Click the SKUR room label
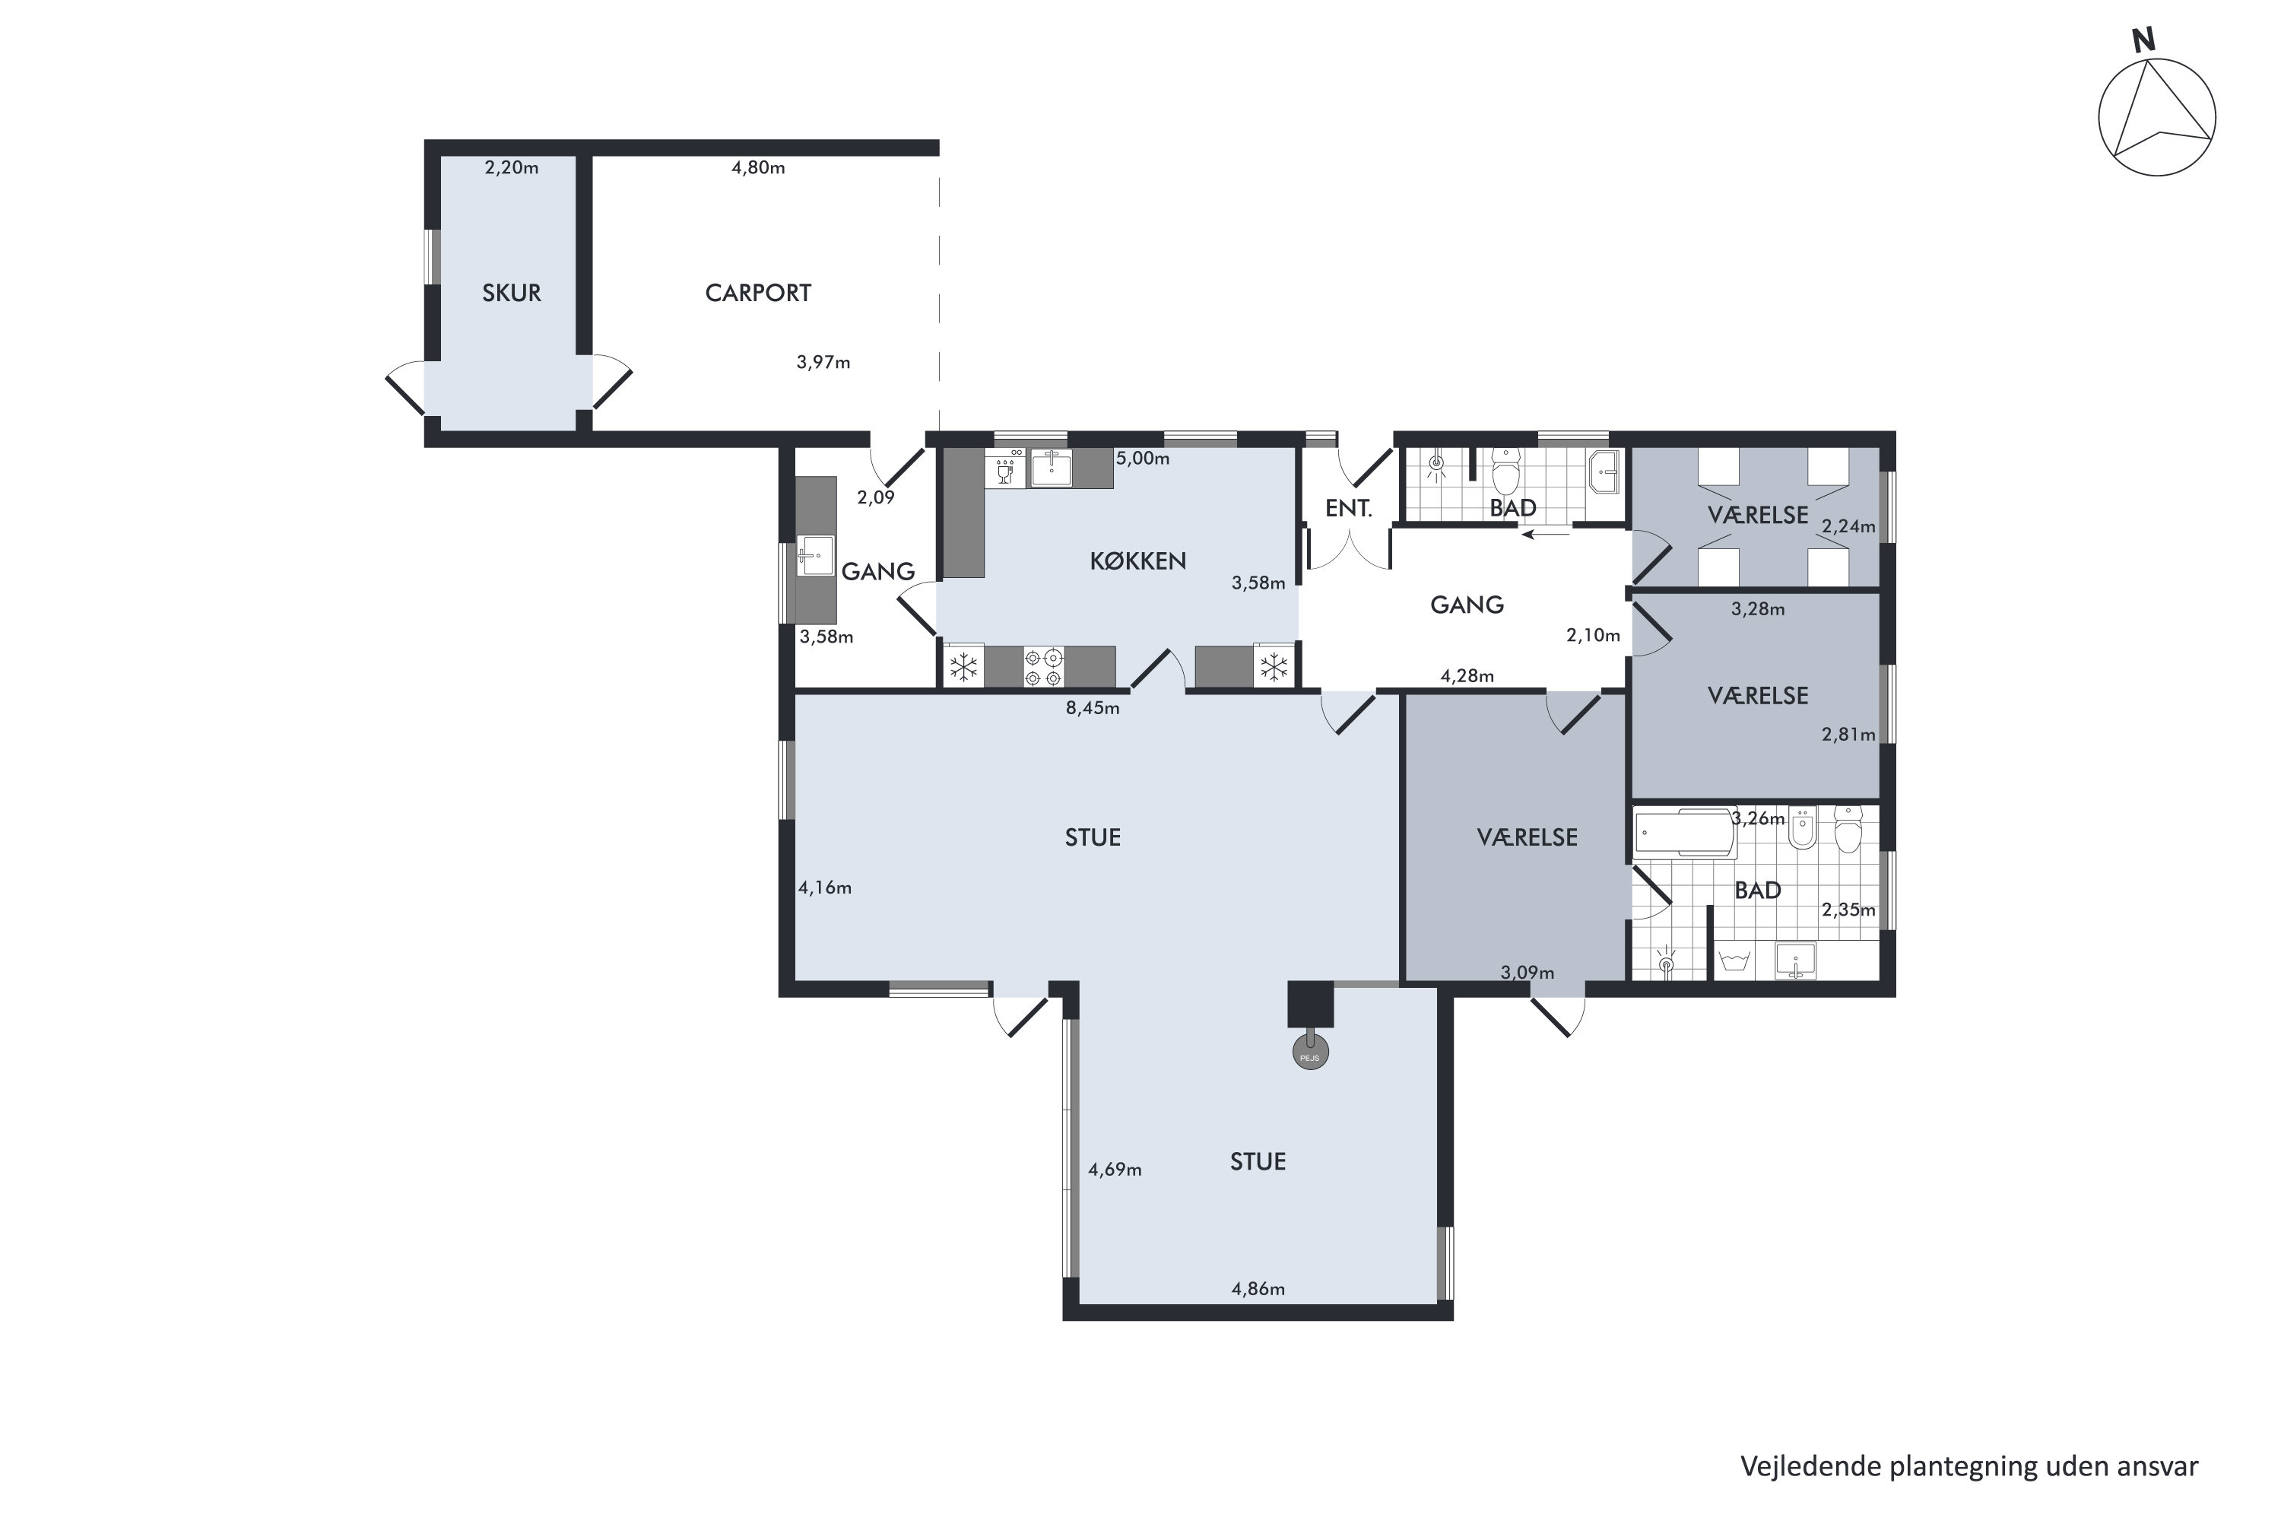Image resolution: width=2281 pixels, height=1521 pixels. coord(511,293)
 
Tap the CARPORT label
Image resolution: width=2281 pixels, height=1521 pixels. coord(757,293)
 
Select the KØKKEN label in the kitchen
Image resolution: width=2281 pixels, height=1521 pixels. coord(1137,560)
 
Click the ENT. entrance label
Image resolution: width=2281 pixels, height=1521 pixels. coord(1348,508)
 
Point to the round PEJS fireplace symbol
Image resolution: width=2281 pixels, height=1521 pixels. coord(1310,1053)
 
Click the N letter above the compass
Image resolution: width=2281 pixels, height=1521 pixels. coord(2143,41)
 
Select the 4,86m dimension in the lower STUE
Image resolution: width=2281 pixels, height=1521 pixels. coord(1258,1289)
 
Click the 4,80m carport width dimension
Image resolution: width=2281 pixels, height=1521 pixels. coord(758,168)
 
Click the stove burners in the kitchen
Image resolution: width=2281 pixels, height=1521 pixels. coord(1043,668)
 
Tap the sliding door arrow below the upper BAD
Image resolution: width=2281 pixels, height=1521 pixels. coord(1546,534)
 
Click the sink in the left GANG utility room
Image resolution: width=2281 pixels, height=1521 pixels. coord(816,556)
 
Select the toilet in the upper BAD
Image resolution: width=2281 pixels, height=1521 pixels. coord(1506,472)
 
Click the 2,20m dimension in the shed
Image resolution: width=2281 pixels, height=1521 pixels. coord(511,168)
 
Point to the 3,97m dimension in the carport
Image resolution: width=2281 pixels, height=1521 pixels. coord(823,363)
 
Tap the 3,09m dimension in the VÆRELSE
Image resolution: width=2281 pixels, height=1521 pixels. coord(1528,972)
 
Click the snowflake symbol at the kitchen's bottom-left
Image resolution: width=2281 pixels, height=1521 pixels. coord(963,668)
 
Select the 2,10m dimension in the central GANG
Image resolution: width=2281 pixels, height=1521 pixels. coord(1594,635)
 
